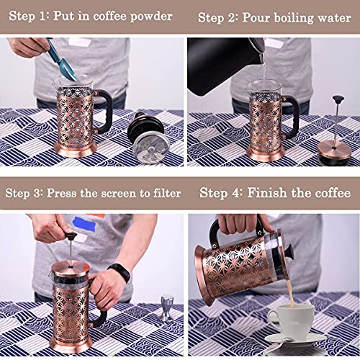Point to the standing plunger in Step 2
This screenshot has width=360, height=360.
point(336,137)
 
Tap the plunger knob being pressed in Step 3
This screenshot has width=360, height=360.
point(71,235)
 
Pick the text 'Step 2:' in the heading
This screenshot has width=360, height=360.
point(219,17)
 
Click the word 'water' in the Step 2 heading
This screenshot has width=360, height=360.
point(333,17)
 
